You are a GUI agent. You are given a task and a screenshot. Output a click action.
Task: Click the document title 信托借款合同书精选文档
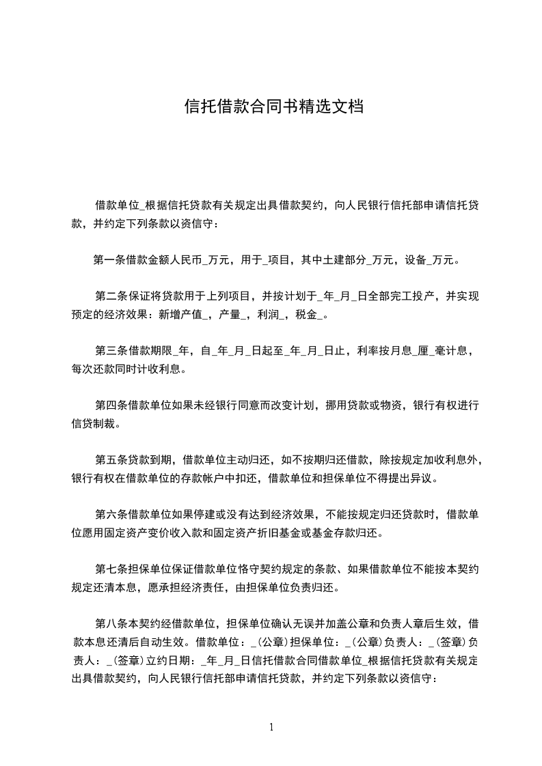(x=273, y=107)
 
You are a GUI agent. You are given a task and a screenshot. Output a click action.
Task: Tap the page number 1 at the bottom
(x=272, y=727)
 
